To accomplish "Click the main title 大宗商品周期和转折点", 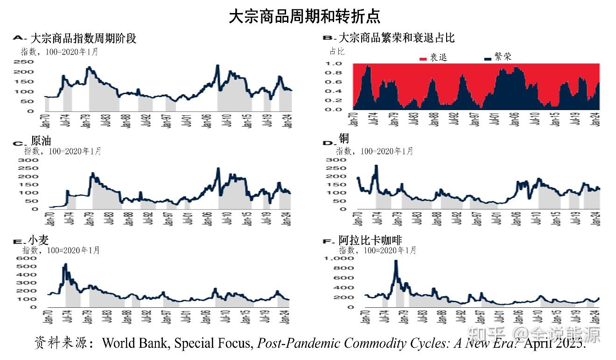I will (x=304, y=16).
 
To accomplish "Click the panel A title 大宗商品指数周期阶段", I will (x=83, y=38).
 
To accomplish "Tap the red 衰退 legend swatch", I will (x=423, y=59).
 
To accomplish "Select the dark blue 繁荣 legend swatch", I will (x=488, y=59).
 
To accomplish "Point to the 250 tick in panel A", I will (x=27, y=62).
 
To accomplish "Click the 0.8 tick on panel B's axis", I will (x=337, y=73).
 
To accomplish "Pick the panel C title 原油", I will (x=41, y=141).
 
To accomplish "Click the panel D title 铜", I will (x=344, y=138).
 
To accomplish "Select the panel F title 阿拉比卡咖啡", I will (x=370, y=241).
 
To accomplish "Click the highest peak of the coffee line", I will (x=396, y=261).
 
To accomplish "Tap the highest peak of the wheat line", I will (x=65, y=264).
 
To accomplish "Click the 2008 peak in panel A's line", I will (x=217, y=66).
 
